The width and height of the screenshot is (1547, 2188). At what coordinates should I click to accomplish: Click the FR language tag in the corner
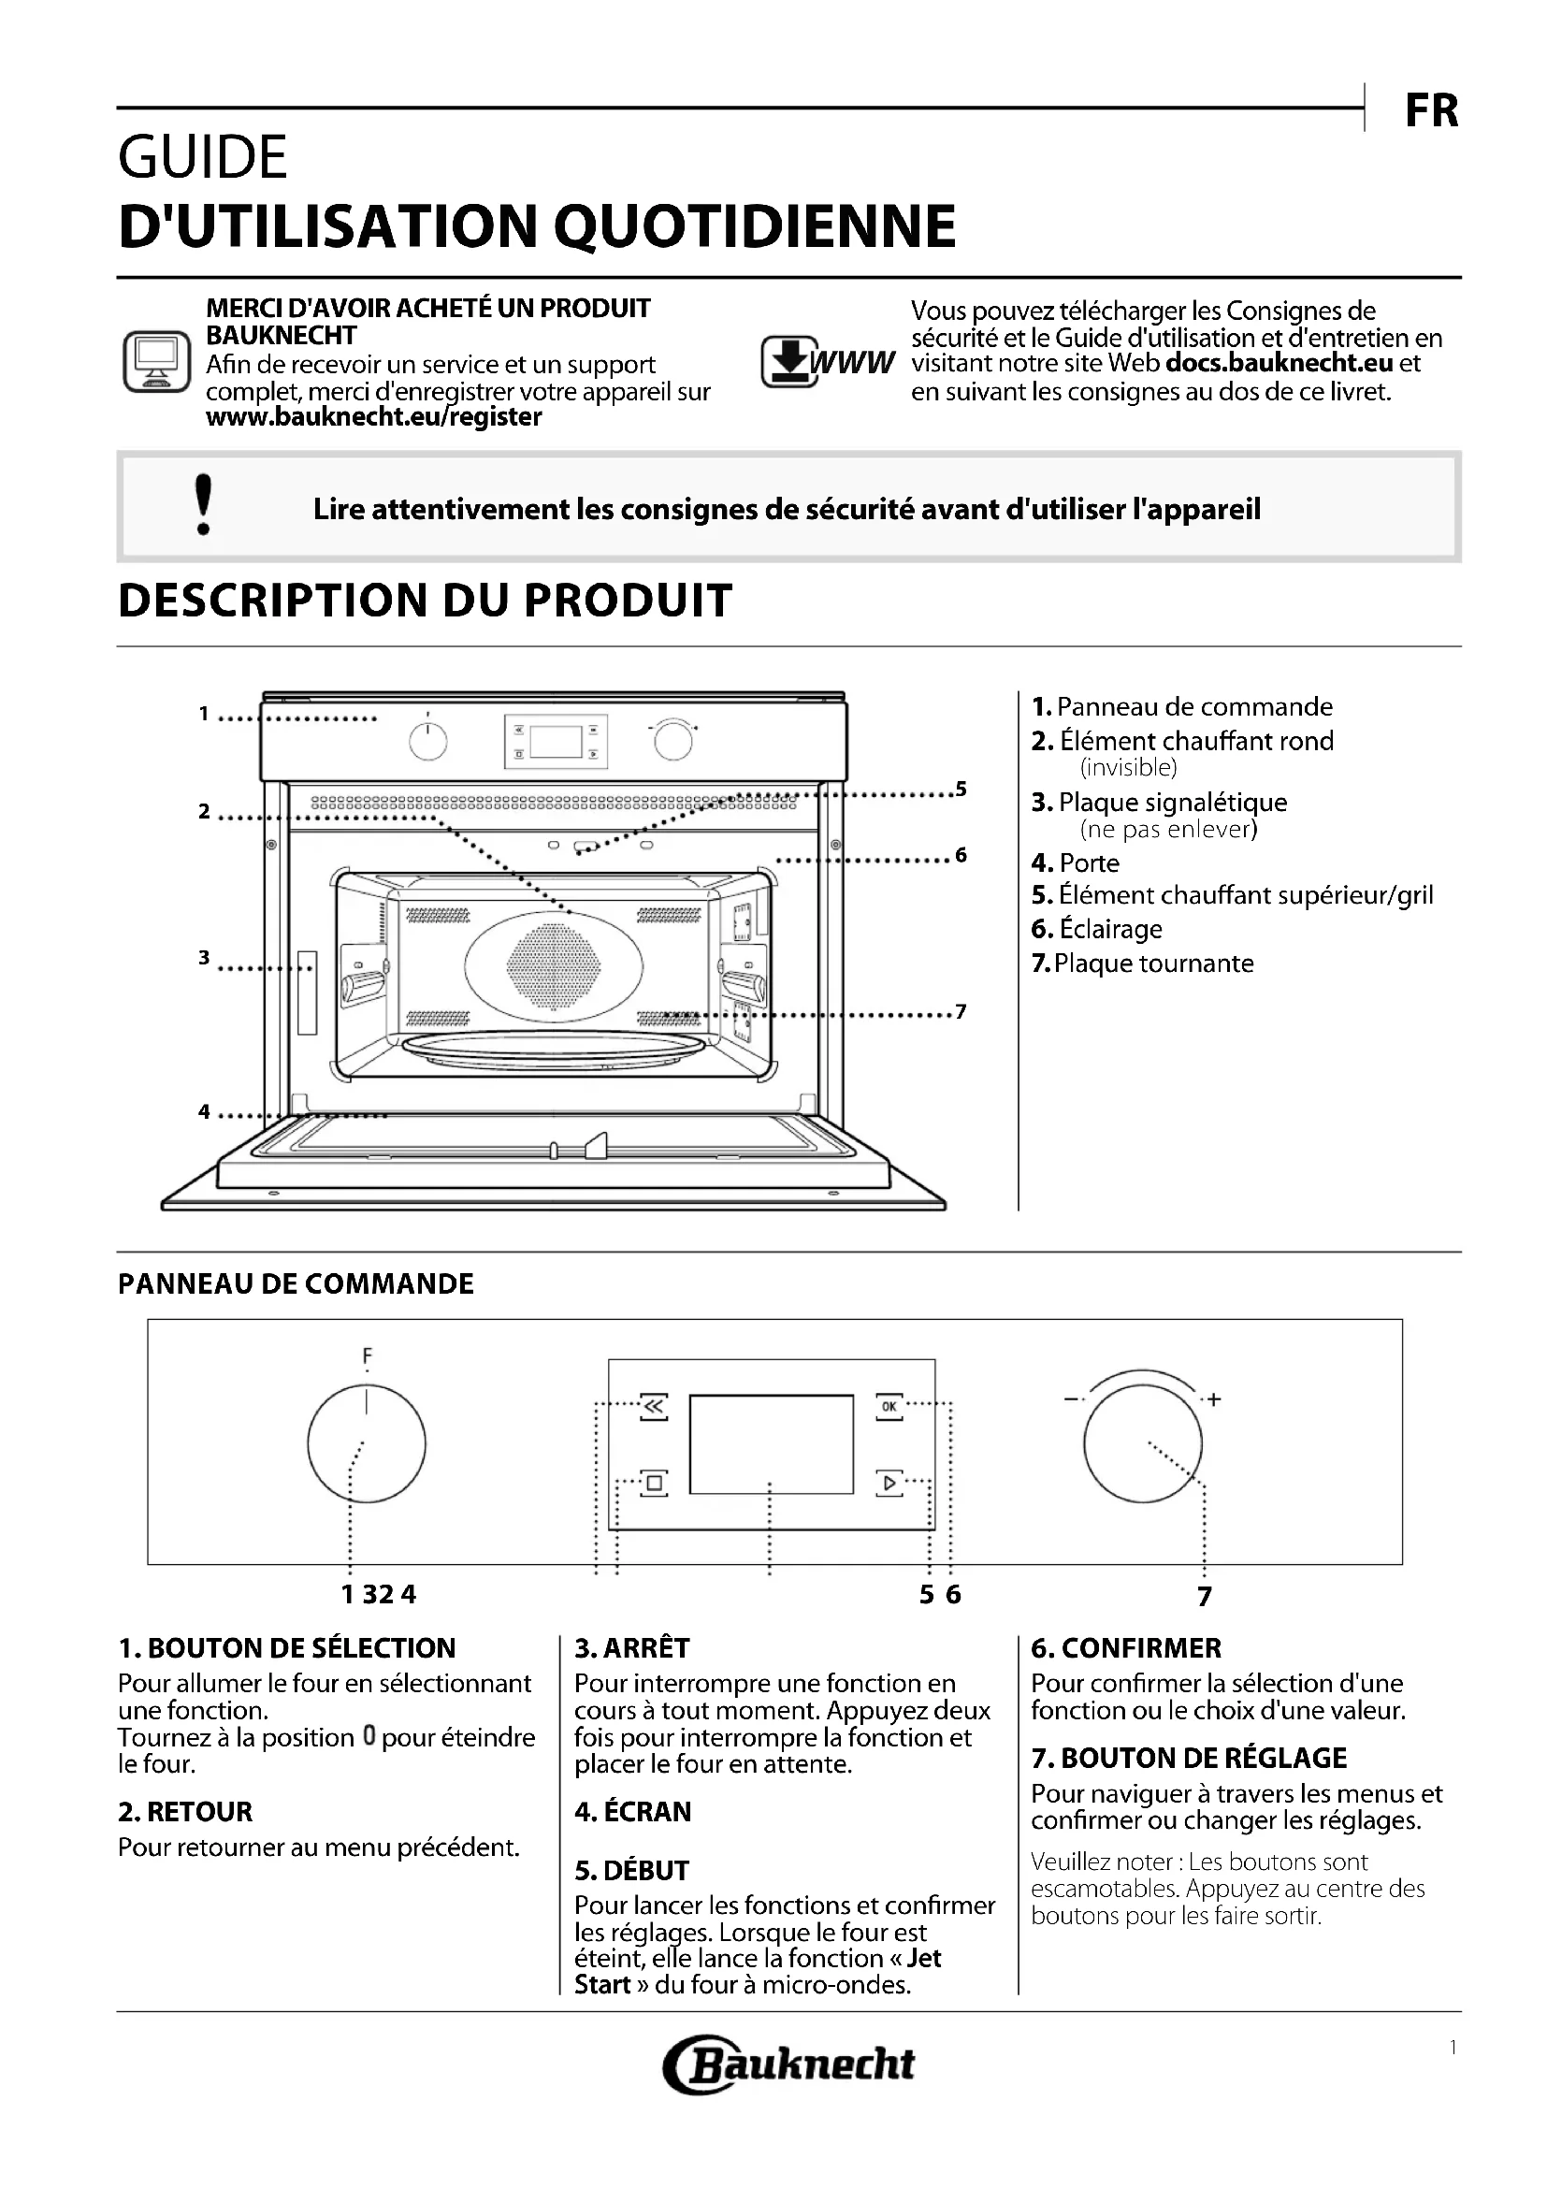click(1431, 111)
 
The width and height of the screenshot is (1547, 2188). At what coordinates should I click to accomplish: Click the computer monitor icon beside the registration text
click(156, 362)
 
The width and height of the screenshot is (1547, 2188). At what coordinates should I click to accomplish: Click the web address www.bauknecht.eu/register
click(373, 417)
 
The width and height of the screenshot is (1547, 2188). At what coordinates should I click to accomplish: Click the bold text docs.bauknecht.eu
click(1280, 363)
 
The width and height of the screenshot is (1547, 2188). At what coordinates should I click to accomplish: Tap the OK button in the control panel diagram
click(889, 1406)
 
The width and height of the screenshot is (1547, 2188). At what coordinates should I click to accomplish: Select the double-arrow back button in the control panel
click(654, 1406)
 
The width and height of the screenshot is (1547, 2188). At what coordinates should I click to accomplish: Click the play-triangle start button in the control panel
click(889, 1482)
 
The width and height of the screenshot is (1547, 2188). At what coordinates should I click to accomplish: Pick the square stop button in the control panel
click(654, 1482)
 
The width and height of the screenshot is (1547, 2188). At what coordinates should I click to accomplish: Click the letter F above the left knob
click(368, 1355)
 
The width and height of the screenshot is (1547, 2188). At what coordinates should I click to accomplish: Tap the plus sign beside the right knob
click(1214, 1400)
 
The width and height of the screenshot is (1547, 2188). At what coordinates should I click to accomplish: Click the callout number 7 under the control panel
click(1205, 1596)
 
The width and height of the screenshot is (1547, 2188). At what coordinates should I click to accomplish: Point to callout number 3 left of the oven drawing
click(204, 957)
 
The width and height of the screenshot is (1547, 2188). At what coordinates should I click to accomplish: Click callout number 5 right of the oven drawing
click(961, 790)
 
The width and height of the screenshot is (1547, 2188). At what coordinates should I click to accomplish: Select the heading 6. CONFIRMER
click(1126, 1647)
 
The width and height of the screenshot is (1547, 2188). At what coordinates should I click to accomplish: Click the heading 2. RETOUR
click(186, 1812)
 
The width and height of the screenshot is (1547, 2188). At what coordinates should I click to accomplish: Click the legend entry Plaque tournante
click(1153, 964)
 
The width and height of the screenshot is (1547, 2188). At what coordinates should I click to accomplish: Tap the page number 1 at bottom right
click(1453, 2047)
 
